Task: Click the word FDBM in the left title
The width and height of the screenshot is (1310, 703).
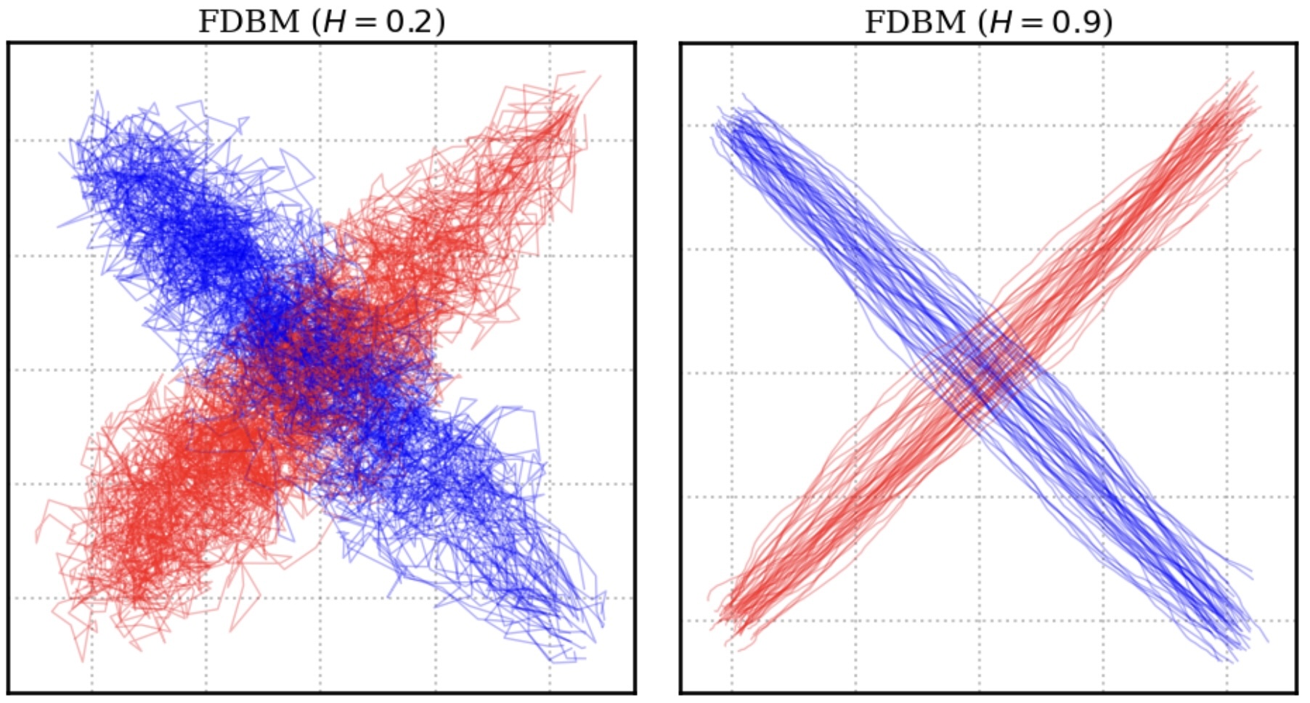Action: (x=248, y=22)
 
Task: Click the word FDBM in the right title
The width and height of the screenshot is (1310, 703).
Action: (x=914, y=22)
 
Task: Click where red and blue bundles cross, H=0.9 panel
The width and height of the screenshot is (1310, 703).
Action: (x=984, y=370)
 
